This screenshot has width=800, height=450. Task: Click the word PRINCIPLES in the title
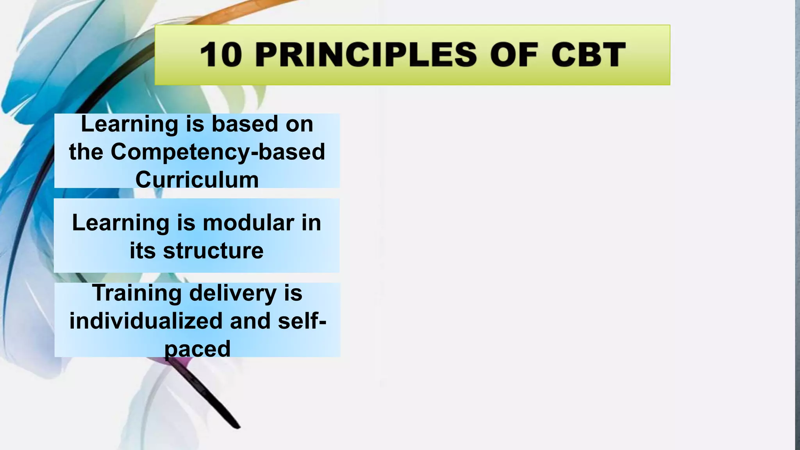pos(366,55)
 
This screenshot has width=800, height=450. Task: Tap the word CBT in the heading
pos(588,55)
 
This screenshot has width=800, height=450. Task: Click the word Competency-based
pos(218,152)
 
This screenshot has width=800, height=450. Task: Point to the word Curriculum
pos(197,180)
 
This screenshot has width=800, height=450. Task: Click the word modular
pos(248,223)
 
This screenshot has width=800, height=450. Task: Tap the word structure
pos(213,250)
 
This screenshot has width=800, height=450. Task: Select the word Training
pos(137,293)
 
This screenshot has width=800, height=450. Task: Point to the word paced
pos(197,348)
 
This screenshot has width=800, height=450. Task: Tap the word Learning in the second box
pos(120,223)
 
